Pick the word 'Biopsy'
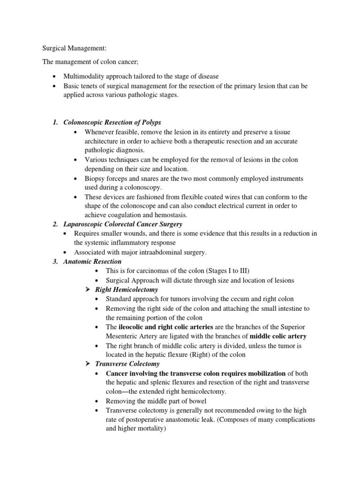click(95, 179)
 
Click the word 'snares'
click(148, 179)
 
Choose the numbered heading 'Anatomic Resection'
click(92, 262)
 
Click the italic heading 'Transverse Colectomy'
click(127, 364)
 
